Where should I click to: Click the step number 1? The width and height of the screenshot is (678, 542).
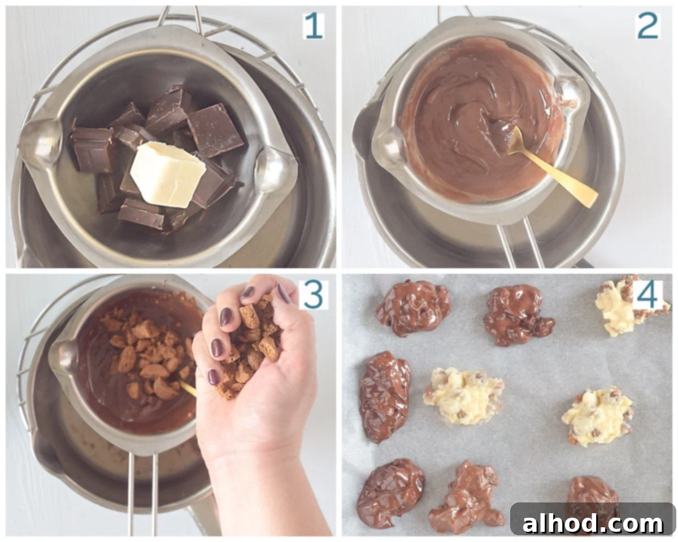[314, 26]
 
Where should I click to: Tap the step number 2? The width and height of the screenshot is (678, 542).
[647, 26]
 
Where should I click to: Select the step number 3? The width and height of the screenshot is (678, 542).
[313, 295]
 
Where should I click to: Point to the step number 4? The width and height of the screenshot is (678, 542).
[647, 295]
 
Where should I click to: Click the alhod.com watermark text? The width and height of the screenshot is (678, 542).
[593, 523]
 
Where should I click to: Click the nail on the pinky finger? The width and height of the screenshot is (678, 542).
[214, 377]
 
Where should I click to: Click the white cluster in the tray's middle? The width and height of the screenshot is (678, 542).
[463, 396]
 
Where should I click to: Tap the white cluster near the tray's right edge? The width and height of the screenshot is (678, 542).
[597, 416]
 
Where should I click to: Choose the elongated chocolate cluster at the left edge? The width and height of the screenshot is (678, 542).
[384, 397]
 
